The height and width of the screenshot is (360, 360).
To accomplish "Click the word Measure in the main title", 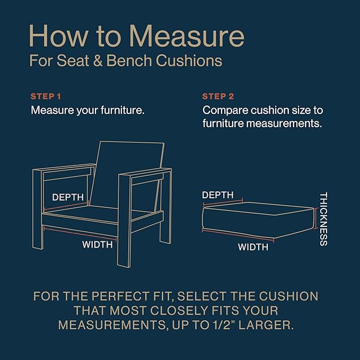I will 186,36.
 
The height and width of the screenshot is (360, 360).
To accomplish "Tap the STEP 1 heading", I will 46,96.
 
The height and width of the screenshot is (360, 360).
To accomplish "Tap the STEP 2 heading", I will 218,96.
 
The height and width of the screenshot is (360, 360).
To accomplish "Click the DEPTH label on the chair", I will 68,197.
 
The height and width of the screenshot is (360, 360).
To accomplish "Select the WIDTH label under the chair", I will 98,245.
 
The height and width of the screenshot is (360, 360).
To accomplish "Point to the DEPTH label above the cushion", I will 217,195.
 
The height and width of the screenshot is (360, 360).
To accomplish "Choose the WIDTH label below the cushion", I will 253,247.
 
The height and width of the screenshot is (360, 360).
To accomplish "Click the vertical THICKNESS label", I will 323,218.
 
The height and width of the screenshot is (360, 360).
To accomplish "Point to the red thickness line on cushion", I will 317,218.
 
